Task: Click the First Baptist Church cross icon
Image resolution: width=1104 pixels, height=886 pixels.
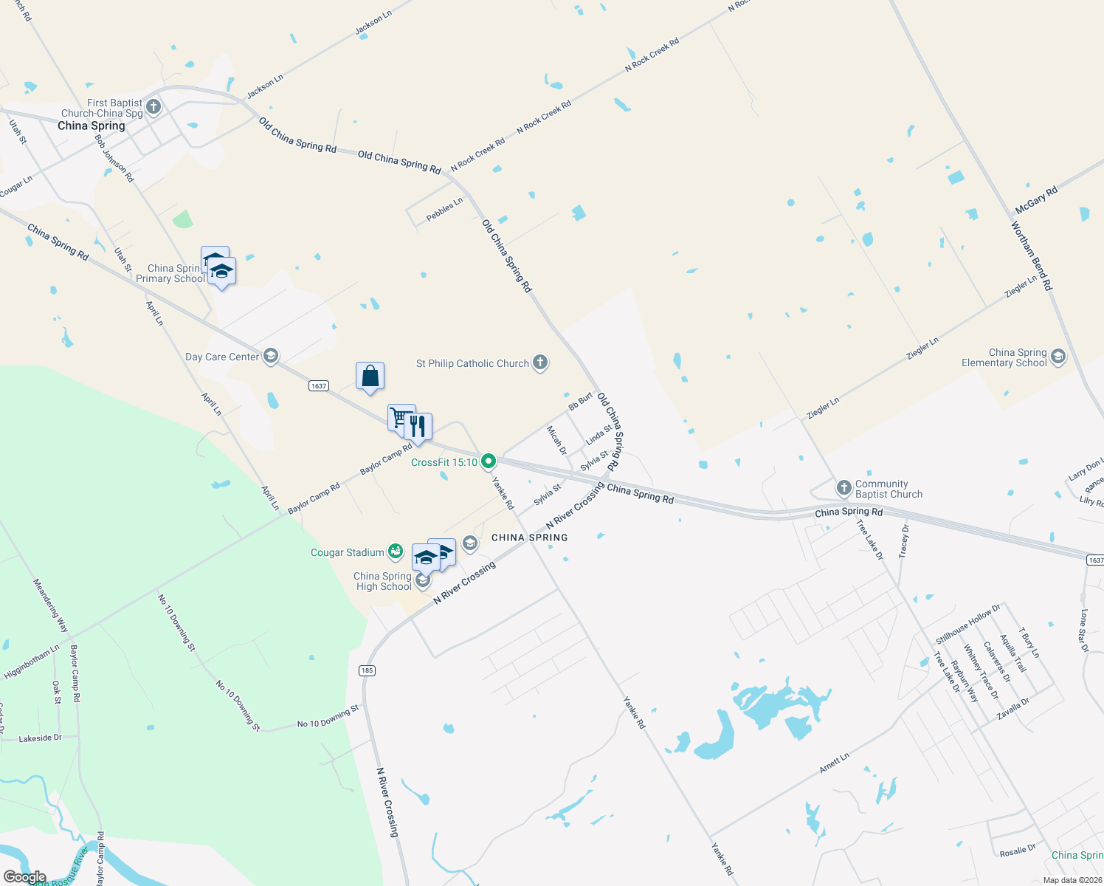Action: (x=153, y=107)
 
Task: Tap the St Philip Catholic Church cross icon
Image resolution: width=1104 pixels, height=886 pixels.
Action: (x=540, y=363)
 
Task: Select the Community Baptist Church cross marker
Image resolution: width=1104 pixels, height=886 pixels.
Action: (x=843, y=488)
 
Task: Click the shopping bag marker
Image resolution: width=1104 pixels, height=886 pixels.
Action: (x=370, y=377)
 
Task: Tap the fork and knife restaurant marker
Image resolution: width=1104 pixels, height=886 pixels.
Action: (x=418, y=427)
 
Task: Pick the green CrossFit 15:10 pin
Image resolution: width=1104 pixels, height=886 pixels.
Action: (x=488, y=462)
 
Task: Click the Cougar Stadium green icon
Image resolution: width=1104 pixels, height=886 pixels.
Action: (x=396, y=552)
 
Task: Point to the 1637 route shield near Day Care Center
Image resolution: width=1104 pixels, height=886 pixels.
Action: (x=318, y=385)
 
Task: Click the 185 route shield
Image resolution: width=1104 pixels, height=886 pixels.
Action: (x=367, y=670)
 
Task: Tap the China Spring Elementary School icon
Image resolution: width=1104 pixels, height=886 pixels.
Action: (x=1058, y=357)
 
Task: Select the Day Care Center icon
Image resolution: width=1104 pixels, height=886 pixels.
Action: (x=271, y=357)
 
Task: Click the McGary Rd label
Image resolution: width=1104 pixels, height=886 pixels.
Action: (x=1036, y=199)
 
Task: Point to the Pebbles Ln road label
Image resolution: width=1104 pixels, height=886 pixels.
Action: (x=444, y=209)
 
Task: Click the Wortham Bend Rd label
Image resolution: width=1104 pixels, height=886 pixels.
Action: (x=1032, y=255)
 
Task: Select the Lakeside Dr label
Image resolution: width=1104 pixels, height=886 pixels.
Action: (x=40, y=738)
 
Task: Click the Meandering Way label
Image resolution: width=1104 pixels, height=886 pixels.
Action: (x=50, y=605)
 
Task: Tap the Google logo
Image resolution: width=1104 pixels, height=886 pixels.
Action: (x=24, y=877)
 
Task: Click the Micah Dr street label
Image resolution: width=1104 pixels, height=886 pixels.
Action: (x=556, y=440)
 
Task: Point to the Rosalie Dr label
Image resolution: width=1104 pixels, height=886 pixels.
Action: (x=1018, y=851)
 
